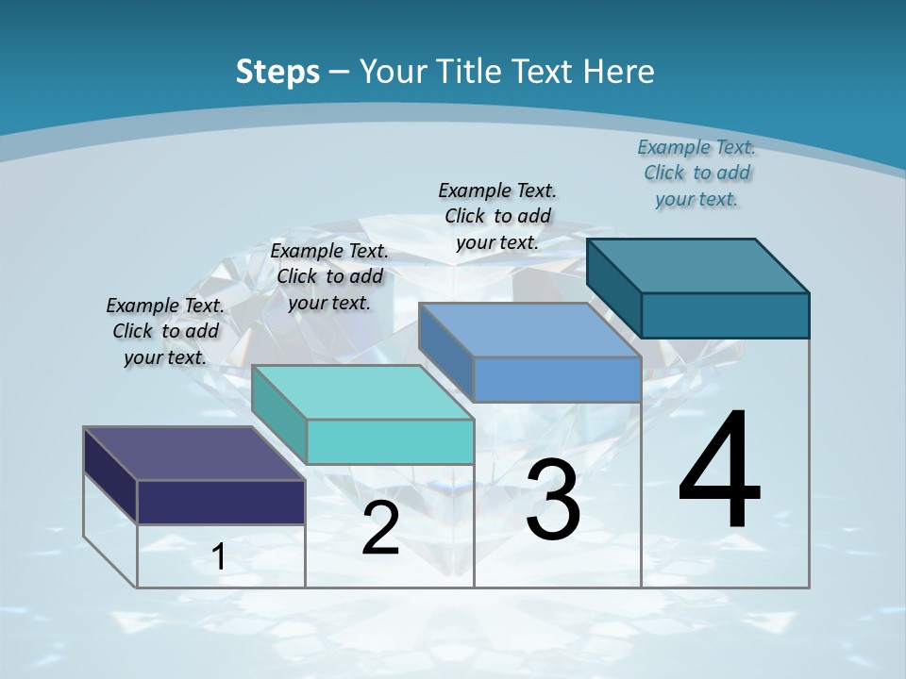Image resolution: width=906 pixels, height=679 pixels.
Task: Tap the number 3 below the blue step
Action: coord(553,500)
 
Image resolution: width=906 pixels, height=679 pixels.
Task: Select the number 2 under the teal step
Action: coord(380,529)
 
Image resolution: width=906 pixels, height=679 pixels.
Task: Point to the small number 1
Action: coord(219,557)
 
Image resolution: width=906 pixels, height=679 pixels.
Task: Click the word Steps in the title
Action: coord(277,72)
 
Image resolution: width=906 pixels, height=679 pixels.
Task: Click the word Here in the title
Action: coord(619,72)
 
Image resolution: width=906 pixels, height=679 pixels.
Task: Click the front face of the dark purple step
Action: coord(221,502)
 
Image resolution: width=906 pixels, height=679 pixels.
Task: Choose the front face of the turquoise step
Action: coord(390,441)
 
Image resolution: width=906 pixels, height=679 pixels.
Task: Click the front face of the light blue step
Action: coord(557,379)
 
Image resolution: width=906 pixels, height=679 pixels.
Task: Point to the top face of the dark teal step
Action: coord(697,265)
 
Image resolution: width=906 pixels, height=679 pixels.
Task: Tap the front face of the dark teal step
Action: coord(725,315)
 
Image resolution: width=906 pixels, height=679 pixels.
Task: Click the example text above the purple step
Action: coord(165,331)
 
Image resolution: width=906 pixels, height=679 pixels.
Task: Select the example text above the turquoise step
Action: coord(329,276)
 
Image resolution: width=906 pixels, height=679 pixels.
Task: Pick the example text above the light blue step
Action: coord(497,216)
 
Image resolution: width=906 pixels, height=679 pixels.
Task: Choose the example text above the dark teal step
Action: coord(696,173)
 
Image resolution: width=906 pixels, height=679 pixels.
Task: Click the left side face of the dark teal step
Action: coord(613,288)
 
